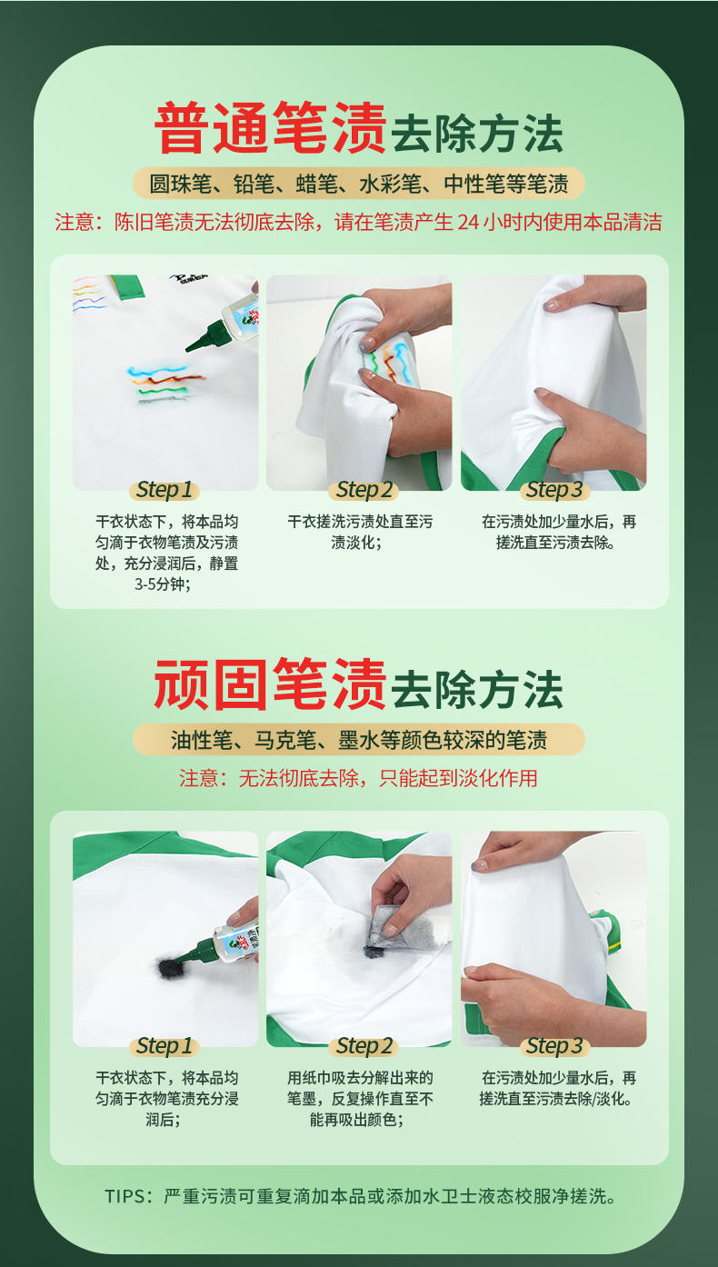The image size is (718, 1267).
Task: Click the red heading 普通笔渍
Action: (x=271, y=128)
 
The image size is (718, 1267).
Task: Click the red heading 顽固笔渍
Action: (x=271, y=684)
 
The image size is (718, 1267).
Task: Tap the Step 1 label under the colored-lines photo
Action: (x=165, y=490)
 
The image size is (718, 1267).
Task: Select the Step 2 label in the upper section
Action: (x=364, y=490)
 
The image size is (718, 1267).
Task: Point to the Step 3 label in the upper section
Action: (x=554, y=490)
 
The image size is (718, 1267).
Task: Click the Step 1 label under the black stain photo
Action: (x=165, y=1046)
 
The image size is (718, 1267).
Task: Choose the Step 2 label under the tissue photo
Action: (x=364, y=1046)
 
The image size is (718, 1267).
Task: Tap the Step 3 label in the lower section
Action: (x=554, y=1046)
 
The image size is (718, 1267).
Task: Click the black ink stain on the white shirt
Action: (x=169, y=968)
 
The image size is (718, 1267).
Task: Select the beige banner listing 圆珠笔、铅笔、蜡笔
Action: (x=359, y=184)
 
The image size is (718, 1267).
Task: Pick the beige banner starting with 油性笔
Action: (x=359, y=739)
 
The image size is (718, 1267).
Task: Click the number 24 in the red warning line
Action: (x=468, y=223)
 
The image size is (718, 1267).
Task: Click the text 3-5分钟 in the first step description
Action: (x=161, y=584)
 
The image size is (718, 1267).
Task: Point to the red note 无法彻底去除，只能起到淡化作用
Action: (x=358, y=778)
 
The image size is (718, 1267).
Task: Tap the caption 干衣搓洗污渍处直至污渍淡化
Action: (x=360, y=532)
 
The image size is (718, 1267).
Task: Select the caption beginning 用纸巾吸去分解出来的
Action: (x=360, y=1099)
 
